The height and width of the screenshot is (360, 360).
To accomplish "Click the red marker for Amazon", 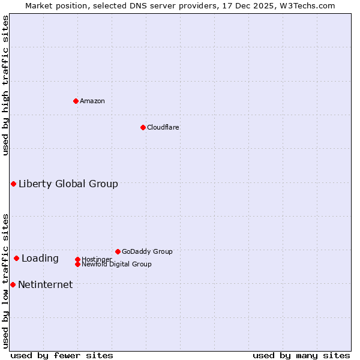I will tap(76, 101).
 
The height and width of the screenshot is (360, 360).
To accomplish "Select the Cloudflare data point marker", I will tap(143, 127).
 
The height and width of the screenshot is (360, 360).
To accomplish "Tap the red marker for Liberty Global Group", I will tap(13, 184).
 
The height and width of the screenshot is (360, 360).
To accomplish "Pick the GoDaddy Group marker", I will tap(118, 251).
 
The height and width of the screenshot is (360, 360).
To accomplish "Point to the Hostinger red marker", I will tap(77, 259).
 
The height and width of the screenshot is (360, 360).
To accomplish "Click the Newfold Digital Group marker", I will tap(77, 264).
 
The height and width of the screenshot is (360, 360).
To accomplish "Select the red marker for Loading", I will tap(16, 258).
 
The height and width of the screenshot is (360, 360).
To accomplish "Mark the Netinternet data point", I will tap(13, 284).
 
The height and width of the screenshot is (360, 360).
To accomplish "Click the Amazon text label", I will tap(92, 101).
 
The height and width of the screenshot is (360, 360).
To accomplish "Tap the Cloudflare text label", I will tap(163, 127).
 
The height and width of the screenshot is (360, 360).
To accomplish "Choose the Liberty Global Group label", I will tap(68, 184).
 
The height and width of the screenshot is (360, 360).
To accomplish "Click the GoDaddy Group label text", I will tap(147, 251).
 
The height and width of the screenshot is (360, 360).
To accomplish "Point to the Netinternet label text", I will tap(46, 284).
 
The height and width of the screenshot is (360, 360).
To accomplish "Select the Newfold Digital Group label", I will tap(117, 264).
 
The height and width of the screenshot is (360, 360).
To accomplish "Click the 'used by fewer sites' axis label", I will tap(62, 355).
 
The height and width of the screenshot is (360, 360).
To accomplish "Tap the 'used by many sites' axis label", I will tap(301, 355).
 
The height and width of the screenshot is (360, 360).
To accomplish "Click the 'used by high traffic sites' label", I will tap(6, 85).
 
